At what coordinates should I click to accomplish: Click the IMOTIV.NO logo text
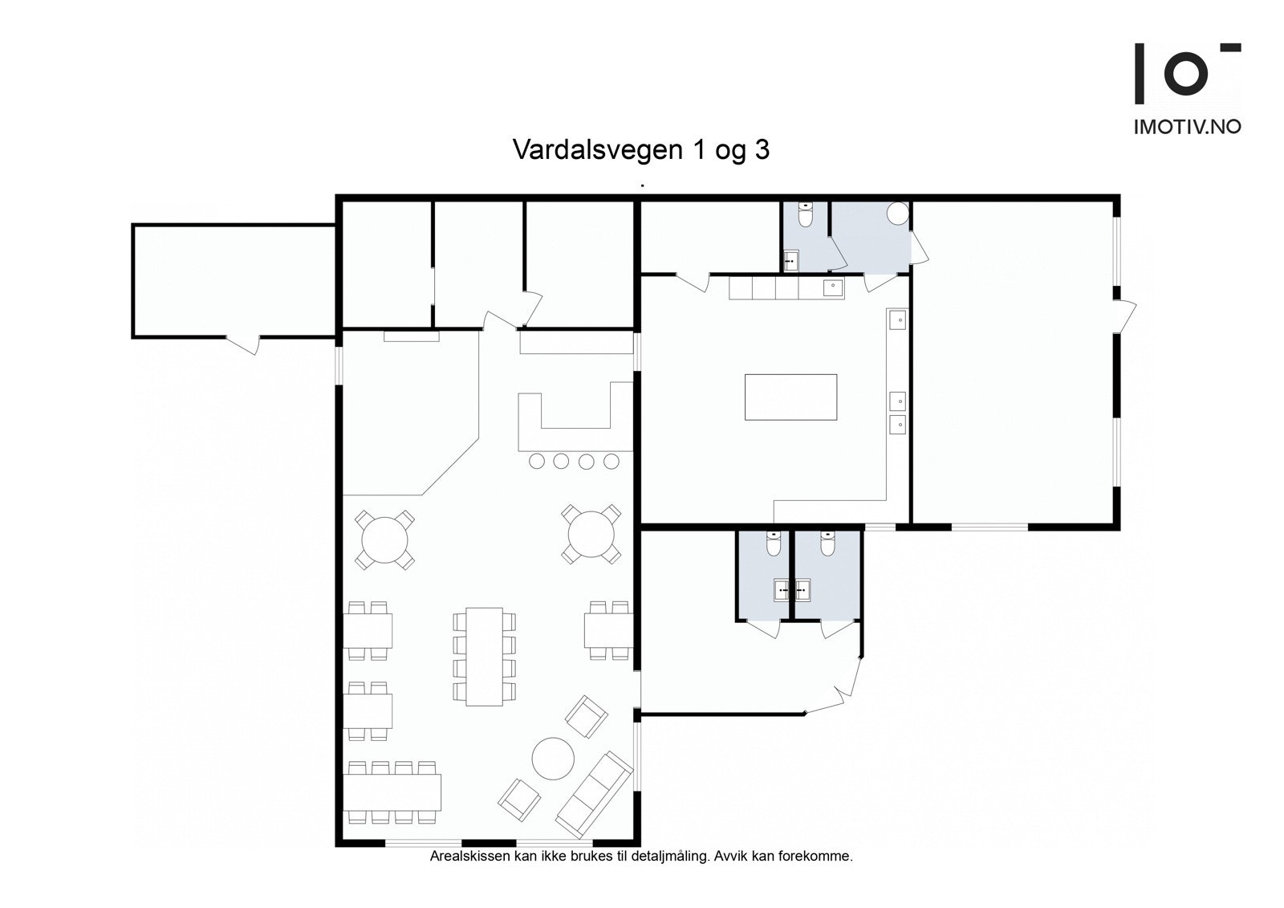[1187, 127]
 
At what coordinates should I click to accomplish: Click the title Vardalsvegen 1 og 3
[640, 150]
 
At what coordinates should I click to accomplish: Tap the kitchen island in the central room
[790, 397]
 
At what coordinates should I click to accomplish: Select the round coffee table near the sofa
[553, 758]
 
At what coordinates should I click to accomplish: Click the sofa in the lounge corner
[594, 794]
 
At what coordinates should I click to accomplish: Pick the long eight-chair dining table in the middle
[484, 656]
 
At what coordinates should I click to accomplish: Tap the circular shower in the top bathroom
[897, 213]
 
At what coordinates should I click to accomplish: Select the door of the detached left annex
[242, 344]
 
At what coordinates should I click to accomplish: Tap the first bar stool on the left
[537, 461]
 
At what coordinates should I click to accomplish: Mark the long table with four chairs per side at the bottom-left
[392, 792]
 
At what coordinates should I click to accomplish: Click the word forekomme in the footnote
[823, 857]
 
